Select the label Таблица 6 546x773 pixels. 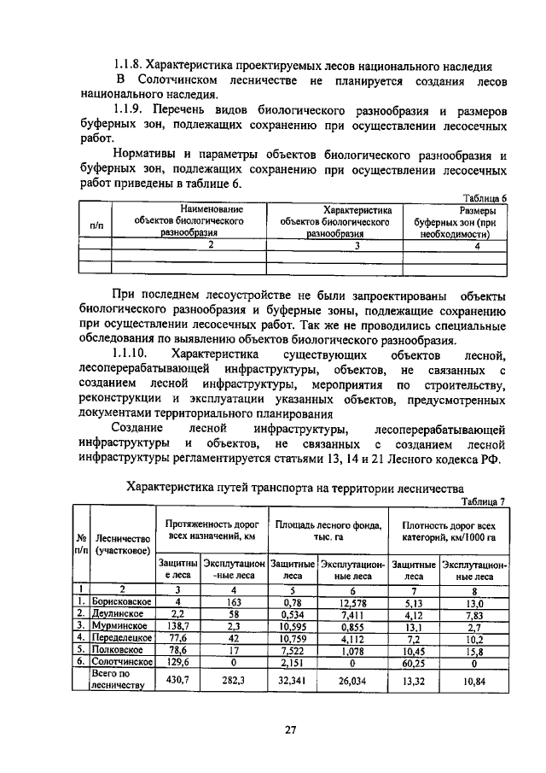[x=484, y=196]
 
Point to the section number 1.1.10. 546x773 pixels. [x=131, y=354]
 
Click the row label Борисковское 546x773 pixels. [x=121, y=601]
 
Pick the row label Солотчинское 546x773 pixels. [x=121, y=661]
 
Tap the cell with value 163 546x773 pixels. [x=233, y=601]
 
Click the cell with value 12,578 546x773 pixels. [x=351, y=601]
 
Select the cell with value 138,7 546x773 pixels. [x=177, y=625]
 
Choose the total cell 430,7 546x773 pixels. [x=177, y=679]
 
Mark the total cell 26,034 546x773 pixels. [x=351, y=679]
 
